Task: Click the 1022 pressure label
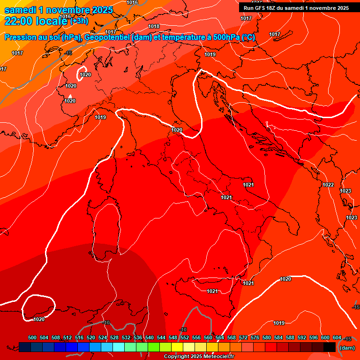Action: pyautogui.click(x=328, y=185)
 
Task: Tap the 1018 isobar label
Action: pyautogui.click(x=154, y=27)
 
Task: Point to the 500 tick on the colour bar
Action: pyautogui.click(x=32, y=337)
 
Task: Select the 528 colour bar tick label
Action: pyautogui.click(x=114, y=337)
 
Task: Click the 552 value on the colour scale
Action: pyautogui.click(x=185, y=337)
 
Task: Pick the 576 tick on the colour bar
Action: pyautogui.click(x=255, y=337)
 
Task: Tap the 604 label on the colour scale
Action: pyautogui.click(x=337, y=337)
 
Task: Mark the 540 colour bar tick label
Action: pyautogui.click(x=150, y=337)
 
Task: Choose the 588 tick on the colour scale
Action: pyautogui.click(x=290, y=337)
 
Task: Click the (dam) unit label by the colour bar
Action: pyautogui.click(x=347, y=348)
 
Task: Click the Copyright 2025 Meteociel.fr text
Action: pyautogui.click(x=199, y=357)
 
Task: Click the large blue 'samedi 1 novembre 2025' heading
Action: pyautogui.click(x=58, y=10)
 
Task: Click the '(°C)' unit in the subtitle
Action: pyautogui.click(x=248, y=37)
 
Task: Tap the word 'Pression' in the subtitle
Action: pyautogui.click(x=20, y=37)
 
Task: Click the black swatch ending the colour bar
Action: pyautogui.click(x=329, y=347)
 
